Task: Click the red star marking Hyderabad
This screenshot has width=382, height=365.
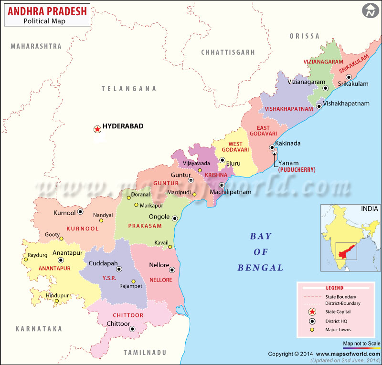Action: [x=97, y=129]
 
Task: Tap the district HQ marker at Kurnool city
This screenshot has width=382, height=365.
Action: [x=81, y=212]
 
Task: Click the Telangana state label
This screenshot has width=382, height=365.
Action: [x=129, y=88]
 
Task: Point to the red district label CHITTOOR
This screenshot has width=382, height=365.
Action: [x=128, y=315]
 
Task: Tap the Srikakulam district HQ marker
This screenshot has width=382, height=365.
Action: [x=349, y=77]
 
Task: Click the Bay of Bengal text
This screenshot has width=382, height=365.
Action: [x=260, y=251]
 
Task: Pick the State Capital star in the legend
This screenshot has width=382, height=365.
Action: [x=312, y=312]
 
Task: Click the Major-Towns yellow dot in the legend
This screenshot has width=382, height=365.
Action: [x=312, y=330]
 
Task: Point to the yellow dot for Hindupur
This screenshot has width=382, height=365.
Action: [x=56, y=301]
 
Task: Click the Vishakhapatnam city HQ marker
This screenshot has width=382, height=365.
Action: [x=319, y=106]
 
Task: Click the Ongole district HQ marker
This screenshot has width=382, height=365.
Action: [x=175, y=219]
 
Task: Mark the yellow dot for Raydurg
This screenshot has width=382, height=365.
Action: [x=26, y=260]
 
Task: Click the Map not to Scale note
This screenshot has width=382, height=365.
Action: [x=361, y=344]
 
